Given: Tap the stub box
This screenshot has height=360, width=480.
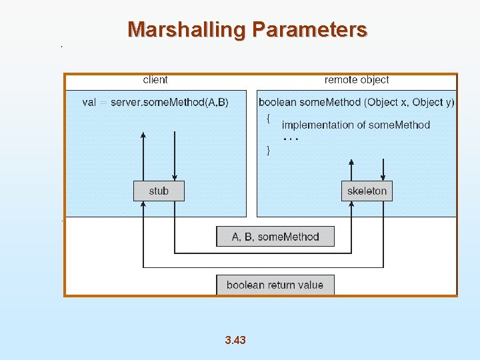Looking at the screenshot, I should [159, 191].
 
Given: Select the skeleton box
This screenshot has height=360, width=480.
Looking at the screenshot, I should [367, 191].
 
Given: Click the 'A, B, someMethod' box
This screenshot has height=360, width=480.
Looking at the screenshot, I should [275, 237].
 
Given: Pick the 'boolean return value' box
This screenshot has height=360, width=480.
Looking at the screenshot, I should [275, 285].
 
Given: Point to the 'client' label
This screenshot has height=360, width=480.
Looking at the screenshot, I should [155, 80].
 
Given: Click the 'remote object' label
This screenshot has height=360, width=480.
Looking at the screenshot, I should [357, 80].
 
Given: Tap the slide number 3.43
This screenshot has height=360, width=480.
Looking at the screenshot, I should [235, 340].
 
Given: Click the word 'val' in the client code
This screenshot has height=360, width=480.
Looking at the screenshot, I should [89, 102].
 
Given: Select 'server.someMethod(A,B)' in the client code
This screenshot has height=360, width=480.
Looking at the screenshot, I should [169, 102].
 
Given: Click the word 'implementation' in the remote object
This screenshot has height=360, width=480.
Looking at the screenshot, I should [313, 125].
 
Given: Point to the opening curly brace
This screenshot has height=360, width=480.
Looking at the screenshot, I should [268, 118].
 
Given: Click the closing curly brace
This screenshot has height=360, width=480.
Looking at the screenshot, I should [268, 151].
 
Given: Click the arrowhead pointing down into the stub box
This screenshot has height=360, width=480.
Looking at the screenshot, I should [174, 177].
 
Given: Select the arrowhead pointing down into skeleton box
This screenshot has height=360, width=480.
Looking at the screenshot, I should [383, 177].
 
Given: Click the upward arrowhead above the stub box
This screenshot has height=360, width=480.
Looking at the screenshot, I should [143, 135].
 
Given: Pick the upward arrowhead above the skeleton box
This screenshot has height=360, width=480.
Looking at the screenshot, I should [351, 162].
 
